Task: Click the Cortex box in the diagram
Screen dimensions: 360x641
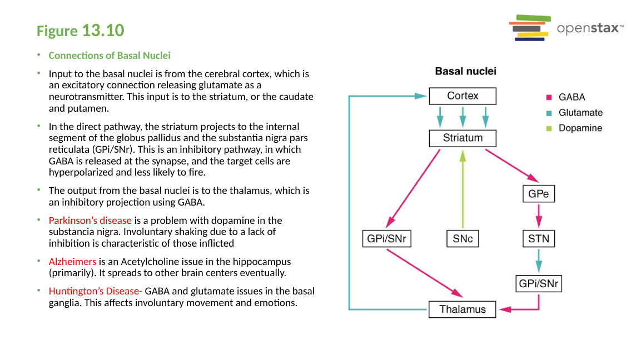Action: point(463,96)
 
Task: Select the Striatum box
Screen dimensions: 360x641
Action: point(463,138)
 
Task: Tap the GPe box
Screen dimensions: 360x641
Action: point(539,194)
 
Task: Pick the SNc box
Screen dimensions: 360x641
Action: point(463,239)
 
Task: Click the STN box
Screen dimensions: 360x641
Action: point(539,239)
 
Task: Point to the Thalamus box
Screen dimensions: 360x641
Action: point(463,309)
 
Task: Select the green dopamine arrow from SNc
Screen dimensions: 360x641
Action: point(463,189)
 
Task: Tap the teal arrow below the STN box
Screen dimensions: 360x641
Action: point(539,261)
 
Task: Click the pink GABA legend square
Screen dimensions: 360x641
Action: point(548,97)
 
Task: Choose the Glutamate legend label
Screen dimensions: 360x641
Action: point(580,113)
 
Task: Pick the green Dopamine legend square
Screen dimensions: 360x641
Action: point(548,128)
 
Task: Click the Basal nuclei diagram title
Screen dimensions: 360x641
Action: point(465,71)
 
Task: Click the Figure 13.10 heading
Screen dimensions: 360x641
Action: point(81,31)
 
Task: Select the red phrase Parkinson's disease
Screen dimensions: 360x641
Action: point(90,221)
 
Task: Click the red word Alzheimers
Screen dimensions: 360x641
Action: point(72,261)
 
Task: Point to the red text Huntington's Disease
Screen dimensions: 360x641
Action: point(95,291)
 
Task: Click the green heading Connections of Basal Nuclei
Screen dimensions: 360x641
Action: point(110,56)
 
